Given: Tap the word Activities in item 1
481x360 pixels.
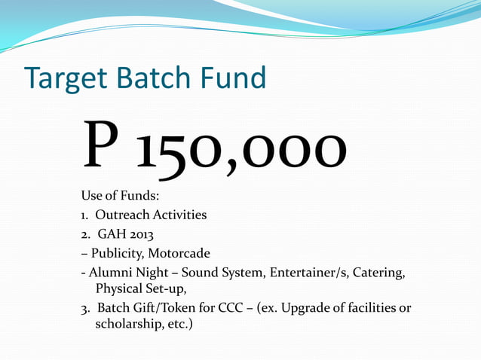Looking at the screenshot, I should pyautogui.click(x=180, y=215).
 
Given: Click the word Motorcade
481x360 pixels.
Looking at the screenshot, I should pyautogui.click(x=179, y=252).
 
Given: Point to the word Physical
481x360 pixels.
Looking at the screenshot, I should pyautogui.click(x=120, y=288).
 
